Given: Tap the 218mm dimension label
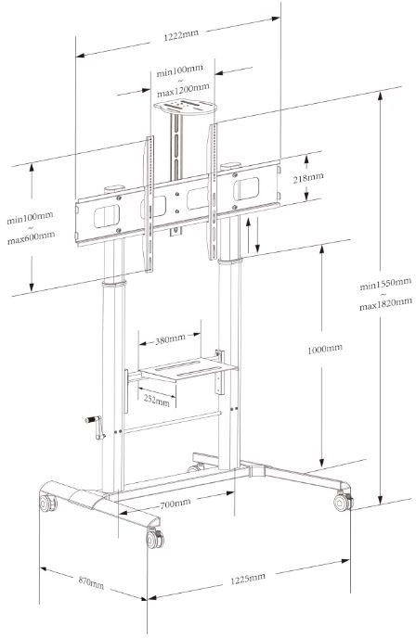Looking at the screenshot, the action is click(x=308, y=177).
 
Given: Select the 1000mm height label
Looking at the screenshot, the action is click(x=325, y=349).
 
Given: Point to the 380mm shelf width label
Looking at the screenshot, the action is click(x=170, y=339).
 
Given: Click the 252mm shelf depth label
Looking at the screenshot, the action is click(x=156, y=400).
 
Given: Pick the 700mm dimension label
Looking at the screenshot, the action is click(x=175, y=504).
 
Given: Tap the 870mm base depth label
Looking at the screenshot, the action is click(x=91, y=581).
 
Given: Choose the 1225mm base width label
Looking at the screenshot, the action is click(x=248, y=579).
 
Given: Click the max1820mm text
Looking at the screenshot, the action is click(x=385, y=303).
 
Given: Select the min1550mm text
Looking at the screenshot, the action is click(x=385, y=284).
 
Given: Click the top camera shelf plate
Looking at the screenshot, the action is click(x=185, y=108).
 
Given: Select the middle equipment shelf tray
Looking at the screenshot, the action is click(x=188, y=369).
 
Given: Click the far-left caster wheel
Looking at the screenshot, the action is click(x=47, y=503).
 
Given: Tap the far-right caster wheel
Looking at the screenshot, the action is click(x=343, y=502).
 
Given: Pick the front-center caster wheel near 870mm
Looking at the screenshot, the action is click(x=155, y=539).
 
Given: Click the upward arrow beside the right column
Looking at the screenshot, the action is click(x=248, y=236).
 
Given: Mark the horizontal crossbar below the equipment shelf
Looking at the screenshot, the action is click(x=173, y=422).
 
